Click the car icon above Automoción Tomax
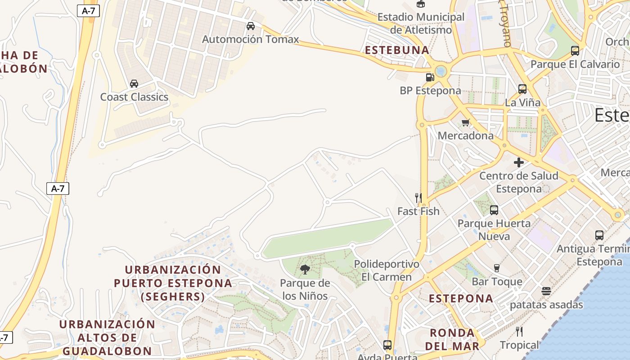point(251,26)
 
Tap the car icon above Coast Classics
point(134,84)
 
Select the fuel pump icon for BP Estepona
point(430,77)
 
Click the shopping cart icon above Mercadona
point(466,122)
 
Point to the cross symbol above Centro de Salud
point(519,162)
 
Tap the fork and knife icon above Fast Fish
point(418,198)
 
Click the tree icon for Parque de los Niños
point(305,270)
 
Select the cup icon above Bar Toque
point(497,268)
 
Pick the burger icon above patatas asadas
point(546,291)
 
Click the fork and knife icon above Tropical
point(519,332)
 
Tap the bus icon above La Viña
point(522,89)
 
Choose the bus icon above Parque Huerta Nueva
point(494,210)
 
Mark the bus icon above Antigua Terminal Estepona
point(599,235)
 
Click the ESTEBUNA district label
point(397,50)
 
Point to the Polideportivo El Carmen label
point(387,270)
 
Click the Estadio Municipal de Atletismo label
point(421,23)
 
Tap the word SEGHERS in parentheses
point(173,297)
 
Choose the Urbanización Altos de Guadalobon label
point(107,337)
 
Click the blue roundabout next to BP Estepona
point(441,71)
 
